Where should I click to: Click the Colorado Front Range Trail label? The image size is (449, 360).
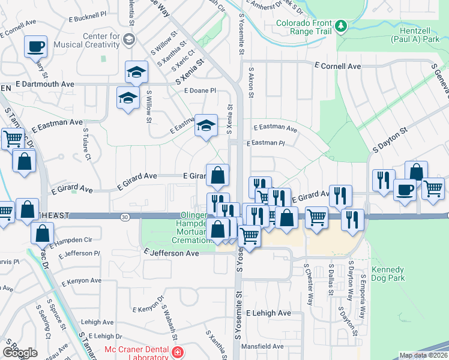click(x=303, y=26)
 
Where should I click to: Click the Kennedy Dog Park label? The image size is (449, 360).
click(x=388, y=274)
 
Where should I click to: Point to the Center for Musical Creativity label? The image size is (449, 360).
click(x=87, y=40)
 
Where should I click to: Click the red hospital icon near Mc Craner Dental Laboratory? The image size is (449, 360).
click(x=176, y=352)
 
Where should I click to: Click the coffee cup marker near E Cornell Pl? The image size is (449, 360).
click(x=35, y=46)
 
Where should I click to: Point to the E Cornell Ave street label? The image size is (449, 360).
click(x=337, y=66)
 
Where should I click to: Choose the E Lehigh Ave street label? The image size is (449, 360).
click(x=268, y=313)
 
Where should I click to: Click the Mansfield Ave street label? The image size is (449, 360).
click(x=262, y=346)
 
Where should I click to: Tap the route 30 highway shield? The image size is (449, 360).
click(x=124, y=215)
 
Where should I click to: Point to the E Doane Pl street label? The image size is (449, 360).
click(x=200, y=91)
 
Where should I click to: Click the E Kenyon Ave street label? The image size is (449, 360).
click(x=79, y=281)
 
